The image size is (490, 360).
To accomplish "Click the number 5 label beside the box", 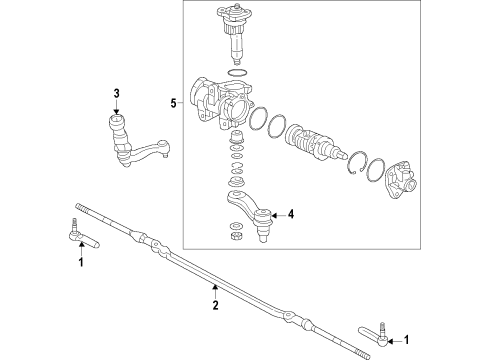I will click(x=173, y=102).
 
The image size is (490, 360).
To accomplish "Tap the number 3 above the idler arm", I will click(x=116, y=94).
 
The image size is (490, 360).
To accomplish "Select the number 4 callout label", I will click(x=291, y=213).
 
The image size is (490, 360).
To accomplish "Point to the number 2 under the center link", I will click(x=214, y=308).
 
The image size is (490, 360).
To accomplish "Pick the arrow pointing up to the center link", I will click(x=214, y=293).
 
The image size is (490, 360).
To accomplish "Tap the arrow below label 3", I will click(x=116, y=108).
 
